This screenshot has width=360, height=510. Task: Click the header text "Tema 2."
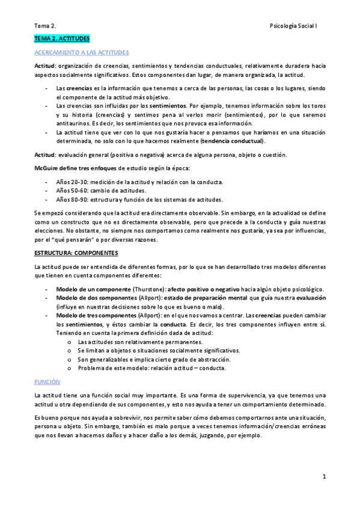click(44, 26)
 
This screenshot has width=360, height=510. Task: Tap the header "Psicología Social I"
click(298, 26)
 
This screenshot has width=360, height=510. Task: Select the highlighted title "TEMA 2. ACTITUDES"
click(61, 39)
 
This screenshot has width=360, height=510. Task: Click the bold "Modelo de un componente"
click(90, 289)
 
